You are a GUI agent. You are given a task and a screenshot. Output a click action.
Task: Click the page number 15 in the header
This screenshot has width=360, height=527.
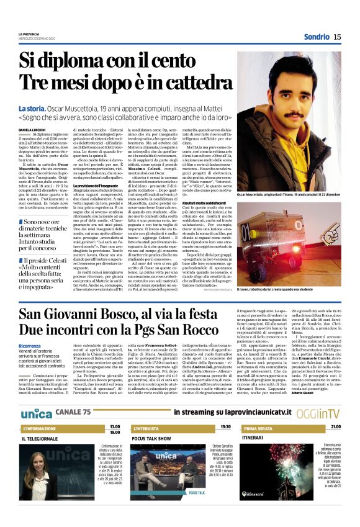[337, 37]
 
